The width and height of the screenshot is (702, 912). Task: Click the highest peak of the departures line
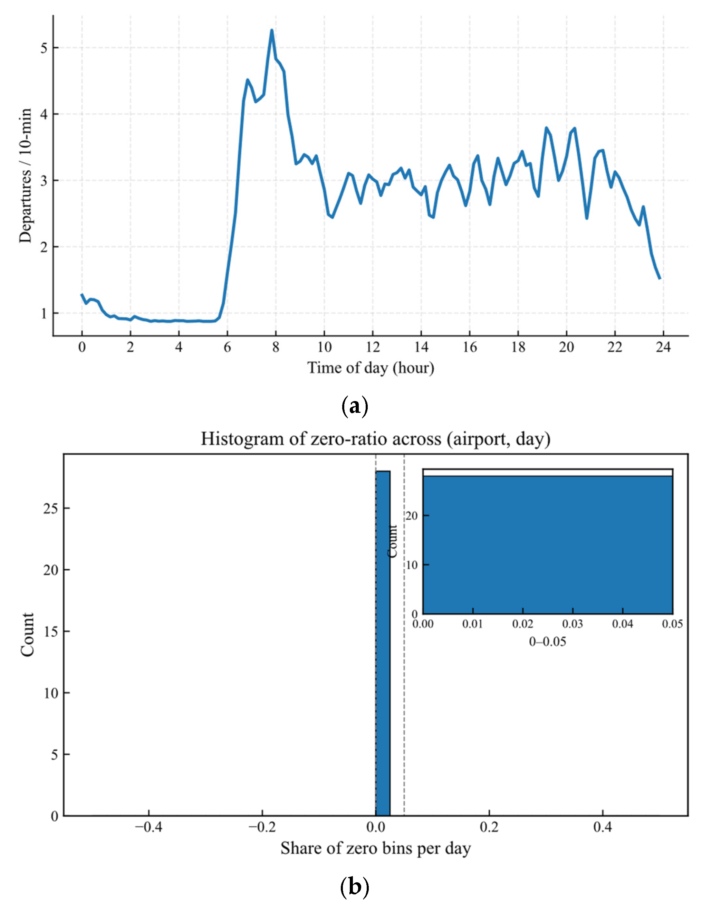tap(272, 30)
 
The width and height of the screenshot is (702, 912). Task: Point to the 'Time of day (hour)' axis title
tap(371, 368)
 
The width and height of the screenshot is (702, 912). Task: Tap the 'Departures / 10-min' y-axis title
tap(26, 175)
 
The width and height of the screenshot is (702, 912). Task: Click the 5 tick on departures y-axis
tap(44, 48)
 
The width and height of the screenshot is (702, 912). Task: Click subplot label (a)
tap(354, 406)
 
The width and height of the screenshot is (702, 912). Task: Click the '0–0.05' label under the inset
tap(548, 642)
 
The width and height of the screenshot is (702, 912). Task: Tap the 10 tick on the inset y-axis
tap(412, 564)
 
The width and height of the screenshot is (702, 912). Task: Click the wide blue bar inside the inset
tap(548, 543)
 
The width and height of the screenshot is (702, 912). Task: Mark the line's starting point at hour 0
tap(82, 294)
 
